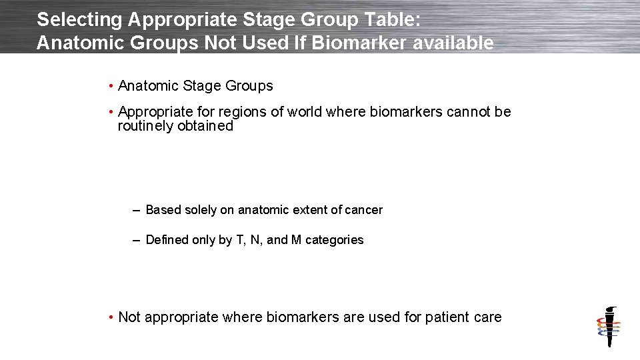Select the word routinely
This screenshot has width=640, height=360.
click(x=146, y=125)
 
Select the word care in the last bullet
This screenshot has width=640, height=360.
click(x=487, y=317)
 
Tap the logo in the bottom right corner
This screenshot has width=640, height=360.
click(x=608, y=327)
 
